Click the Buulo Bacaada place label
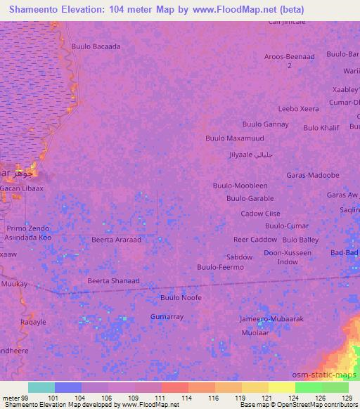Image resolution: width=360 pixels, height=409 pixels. [96, 47]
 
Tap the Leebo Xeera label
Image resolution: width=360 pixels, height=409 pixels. [298, 109]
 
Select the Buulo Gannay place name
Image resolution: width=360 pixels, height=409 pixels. [265, 124]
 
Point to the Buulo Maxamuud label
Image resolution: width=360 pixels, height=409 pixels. [233, 138]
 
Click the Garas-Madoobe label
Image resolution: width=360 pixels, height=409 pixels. [313, 175]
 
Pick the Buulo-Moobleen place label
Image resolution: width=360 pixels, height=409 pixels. [240, 186]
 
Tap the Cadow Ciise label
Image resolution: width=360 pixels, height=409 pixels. [261, 214]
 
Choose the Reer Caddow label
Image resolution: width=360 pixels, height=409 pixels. [255, 240]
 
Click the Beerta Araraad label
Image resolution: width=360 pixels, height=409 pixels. [116, 240]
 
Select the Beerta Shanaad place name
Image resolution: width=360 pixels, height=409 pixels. [113, 281]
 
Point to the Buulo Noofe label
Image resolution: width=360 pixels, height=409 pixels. [181, 298]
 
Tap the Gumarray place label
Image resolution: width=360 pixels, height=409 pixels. [167, 317]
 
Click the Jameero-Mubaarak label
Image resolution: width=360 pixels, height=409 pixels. [271, 319]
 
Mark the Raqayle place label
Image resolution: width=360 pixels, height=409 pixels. [33, 323]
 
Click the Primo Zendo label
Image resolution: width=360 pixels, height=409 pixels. [28, 229]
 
